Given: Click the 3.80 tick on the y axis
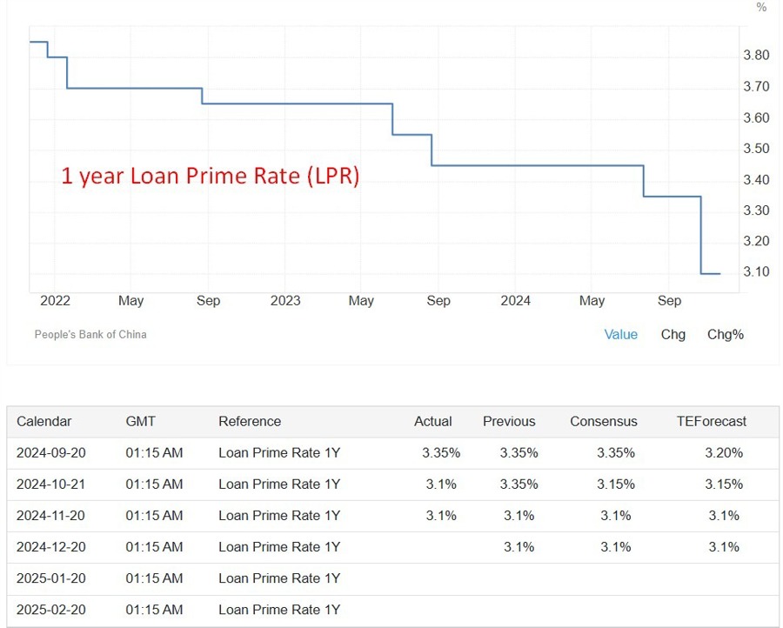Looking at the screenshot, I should (x=756, y=56).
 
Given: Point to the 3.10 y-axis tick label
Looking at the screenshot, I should (x=756, y=272).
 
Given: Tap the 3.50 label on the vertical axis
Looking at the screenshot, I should (x=756, y=149).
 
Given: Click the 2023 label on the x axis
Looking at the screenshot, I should (x=285, y=301).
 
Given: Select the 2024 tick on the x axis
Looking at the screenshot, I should (x=516, y=301).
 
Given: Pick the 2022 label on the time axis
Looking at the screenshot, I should (x=55, y=301).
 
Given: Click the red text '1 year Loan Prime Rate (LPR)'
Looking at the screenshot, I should (x=210, y=176).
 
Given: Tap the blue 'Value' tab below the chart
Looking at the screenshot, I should (x=621, y=334).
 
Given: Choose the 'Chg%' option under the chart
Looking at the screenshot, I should (x=725, y=334).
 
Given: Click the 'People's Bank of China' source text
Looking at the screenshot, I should (x=90, y=334).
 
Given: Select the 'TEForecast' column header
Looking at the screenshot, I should (x=712, y=421).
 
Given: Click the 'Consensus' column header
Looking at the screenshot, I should (x=604, y=421).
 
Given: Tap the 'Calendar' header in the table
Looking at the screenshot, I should (x=44, y=421).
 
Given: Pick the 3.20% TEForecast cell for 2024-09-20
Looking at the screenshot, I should (x=724, y=452).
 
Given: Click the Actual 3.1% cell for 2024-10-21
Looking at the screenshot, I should (x=441, y=484).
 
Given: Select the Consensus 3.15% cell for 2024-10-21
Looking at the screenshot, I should (x=616, y=484).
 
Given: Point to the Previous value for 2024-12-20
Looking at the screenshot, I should (x=519, y=546).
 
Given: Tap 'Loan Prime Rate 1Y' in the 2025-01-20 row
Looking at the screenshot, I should (x=278, y=578).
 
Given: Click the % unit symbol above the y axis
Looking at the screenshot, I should (x=761, y=8).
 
